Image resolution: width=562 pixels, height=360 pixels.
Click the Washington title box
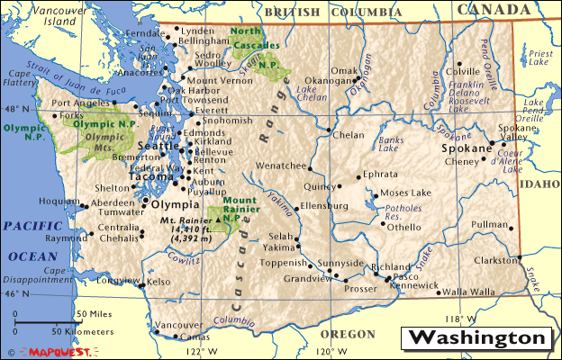coord(477,338)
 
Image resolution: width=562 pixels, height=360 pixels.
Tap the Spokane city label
coord(465,146)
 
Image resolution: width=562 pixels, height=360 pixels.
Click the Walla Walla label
coord(468,292)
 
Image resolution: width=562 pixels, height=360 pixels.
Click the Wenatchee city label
coord(281,166)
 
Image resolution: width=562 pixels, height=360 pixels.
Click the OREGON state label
coord(348,334)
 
